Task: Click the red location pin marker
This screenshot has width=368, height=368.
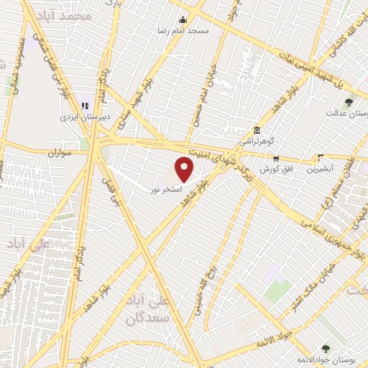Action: coord(184,170)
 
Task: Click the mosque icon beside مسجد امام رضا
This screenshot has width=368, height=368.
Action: coord(183,19)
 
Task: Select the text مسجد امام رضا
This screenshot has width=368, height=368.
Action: coord(185,31)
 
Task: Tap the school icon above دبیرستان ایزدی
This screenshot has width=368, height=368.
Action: coord(84,106)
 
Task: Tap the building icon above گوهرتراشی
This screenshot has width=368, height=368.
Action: coord(257,130)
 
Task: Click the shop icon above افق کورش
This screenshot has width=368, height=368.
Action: coord(275,158)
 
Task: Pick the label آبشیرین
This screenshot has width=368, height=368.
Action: coord(321,170)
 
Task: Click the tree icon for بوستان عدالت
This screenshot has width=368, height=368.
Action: coord(349,102)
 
